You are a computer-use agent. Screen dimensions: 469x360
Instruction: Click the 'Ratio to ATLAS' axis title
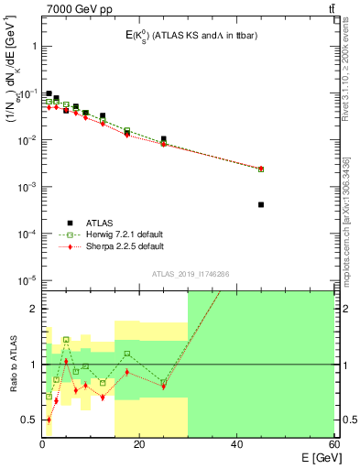click(13, 363)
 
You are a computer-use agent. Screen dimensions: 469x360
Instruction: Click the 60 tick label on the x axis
click(333, 444)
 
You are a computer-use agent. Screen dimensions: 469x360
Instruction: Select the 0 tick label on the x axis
click(42, 444)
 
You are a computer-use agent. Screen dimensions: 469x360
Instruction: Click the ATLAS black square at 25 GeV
click(164, 139)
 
